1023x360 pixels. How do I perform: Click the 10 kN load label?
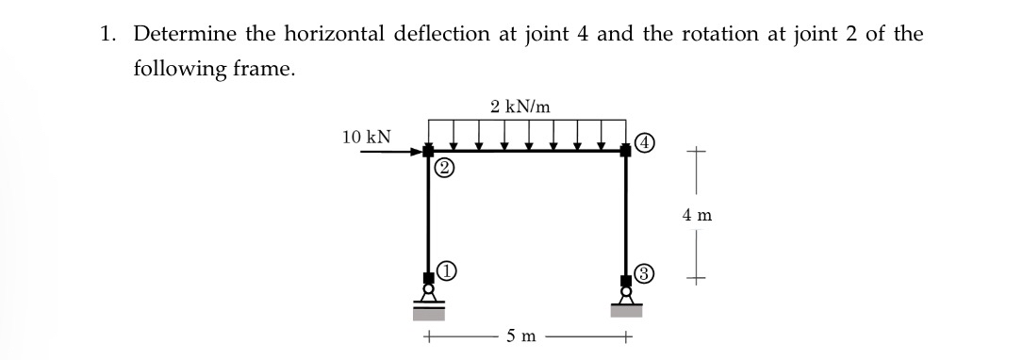pos(368,138)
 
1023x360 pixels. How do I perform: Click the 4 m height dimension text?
pos(697,216)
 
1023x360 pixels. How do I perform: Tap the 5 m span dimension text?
pos(520,335)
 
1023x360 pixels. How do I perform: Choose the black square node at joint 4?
pos(626,151)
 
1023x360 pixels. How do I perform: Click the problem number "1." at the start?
pos(109,35)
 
